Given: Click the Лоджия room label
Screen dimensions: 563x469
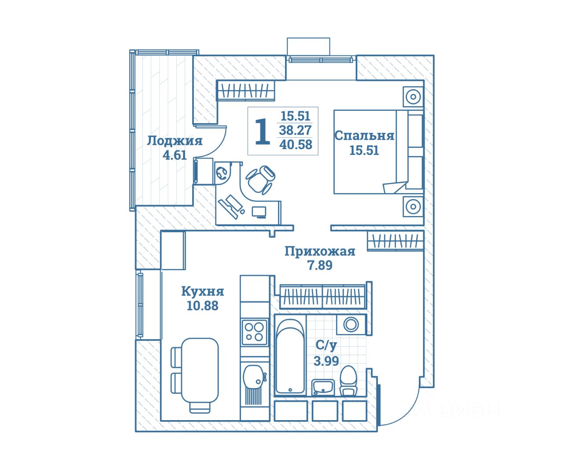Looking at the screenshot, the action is (x=175, y=141).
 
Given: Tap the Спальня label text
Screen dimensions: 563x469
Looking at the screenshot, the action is (x=364, y=136).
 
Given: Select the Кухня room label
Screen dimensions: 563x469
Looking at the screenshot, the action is (x=202, y=291).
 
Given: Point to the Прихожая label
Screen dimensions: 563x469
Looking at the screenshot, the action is (x=320, y=251).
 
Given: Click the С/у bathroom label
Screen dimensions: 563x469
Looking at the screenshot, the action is (x=326, y=346).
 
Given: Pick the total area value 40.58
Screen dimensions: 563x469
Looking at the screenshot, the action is (x=296, y=144).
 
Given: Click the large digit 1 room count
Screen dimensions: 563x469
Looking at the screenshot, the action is (x=263, y=132).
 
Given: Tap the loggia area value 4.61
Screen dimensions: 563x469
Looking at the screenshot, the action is (x=175, y=155).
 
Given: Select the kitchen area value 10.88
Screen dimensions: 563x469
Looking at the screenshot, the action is (x=202, y=306).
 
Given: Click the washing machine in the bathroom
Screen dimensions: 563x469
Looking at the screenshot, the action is (x=351, y=325).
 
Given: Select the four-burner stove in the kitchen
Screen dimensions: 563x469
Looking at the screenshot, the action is (x=255, y=332).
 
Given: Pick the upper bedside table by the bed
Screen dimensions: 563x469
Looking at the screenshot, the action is (x=413, y=96).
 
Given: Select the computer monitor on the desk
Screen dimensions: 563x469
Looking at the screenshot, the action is (x=259, y=212).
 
